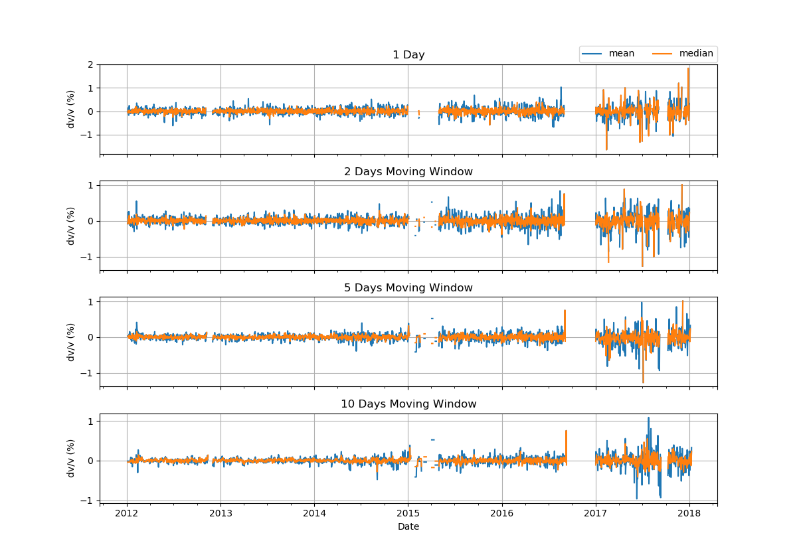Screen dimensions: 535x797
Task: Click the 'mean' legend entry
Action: (x=621, y=54)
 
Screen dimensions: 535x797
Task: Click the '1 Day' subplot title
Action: (x=408, y=55)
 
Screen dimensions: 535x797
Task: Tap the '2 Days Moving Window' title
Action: (x=408, y=172)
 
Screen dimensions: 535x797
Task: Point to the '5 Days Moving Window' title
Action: (x=408, y=288)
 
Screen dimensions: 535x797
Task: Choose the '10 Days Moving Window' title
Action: (x=408, y=404)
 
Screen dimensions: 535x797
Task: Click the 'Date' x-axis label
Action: (x=408, y=526)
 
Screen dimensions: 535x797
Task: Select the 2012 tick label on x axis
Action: (x=127, y=514)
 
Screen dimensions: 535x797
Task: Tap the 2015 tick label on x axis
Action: (x=408, y=514)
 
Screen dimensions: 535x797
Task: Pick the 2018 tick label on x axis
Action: (x=689, y=514)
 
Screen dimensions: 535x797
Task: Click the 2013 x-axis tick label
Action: (x=221, y=514)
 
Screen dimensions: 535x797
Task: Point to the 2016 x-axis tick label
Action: (x=501, y=514)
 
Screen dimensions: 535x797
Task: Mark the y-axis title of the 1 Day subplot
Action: (x=70, y=109)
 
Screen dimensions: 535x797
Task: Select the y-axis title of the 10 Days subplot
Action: (x=70, y=458)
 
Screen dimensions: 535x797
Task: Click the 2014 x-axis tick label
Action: (x=314, y=514)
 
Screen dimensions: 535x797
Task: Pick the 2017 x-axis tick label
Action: (x=596, y=514)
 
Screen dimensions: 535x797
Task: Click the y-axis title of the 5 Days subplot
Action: (x=70, y=342)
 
